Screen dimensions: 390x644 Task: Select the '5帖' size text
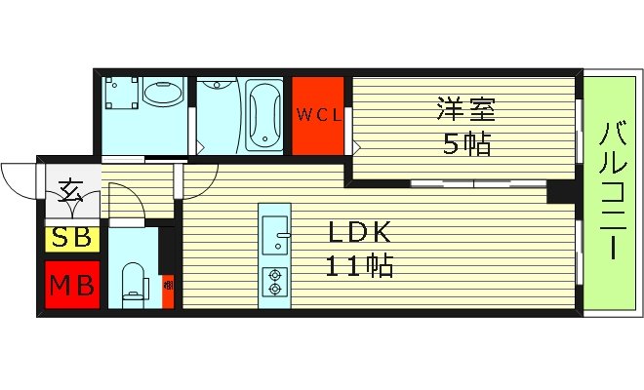[x=466, y=144]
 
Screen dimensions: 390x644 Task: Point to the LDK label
[x=358, y=232]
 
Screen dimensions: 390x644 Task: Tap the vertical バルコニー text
[x=613, y=190]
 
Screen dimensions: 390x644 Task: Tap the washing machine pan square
[x=121, y=95]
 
